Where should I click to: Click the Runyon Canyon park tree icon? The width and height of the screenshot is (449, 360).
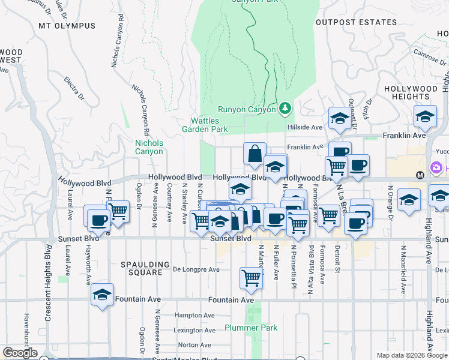[x=285, y=109]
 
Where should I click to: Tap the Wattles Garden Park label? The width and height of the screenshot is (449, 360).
[x=205, y=125]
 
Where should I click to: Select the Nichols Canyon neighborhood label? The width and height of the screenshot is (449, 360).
[x=149, y=147]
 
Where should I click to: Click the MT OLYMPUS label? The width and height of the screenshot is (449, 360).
[x=67, y=26]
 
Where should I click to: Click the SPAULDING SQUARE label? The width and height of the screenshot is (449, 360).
[x=142, y=268]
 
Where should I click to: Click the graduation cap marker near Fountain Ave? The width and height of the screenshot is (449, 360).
[x=103, y=295]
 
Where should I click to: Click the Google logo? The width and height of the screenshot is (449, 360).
[x=20, y=353]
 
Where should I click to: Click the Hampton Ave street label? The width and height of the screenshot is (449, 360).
[x=194, y=315]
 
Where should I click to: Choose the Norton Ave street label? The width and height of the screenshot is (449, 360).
[x=194, y=345]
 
